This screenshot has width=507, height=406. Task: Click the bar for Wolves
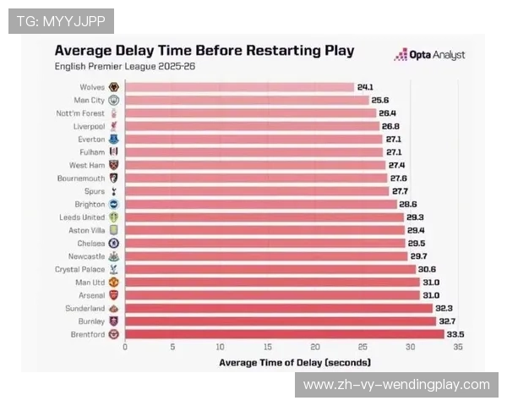[239, 87]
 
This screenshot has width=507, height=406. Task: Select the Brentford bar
[284, 334]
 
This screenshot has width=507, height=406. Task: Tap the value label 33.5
[455, 334]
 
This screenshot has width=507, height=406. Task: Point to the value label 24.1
[365, 87]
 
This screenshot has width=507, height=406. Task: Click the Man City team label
[90, 100]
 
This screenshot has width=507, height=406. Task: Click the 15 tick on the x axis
[268, 347]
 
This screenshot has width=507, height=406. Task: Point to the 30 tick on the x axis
[411, 347]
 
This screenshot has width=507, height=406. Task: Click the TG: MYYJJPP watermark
[60, 20]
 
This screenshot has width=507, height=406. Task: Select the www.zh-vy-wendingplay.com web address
[395, 385]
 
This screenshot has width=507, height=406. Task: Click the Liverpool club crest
[114, 126]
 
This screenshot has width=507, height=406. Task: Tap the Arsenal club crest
[114, 295]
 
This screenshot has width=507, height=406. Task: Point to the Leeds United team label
[84, 217]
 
